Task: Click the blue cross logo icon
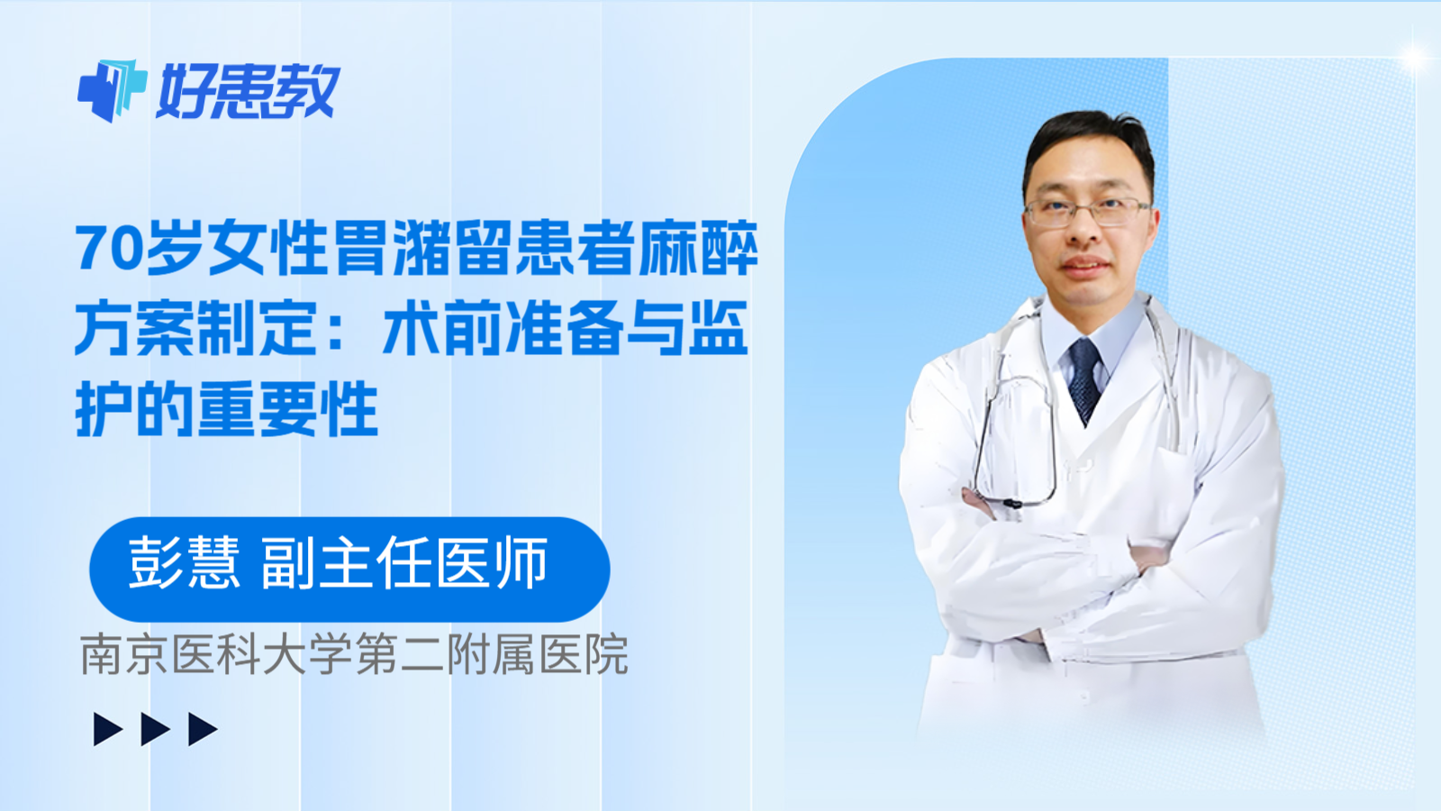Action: coord(112,90)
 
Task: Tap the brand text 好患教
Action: coord(249,91)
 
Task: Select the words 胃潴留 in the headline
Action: coord(421,249)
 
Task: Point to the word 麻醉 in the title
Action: coord(698,249)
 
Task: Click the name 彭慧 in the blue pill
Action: coord(184,563)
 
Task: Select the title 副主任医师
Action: coord(404,563)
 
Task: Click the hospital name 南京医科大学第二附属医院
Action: coord(354,655)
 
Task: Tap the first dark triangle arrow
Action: coord(108,729)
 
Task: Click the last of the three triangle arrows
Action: coord(203,729)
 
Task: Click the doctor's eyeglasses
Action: coord(1087,213)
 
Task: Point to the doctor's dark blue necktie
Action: coord(1084,378)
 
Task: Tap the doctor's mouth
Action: coord(1085,266)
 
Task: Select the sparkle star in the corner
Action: coord(1413,58)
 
